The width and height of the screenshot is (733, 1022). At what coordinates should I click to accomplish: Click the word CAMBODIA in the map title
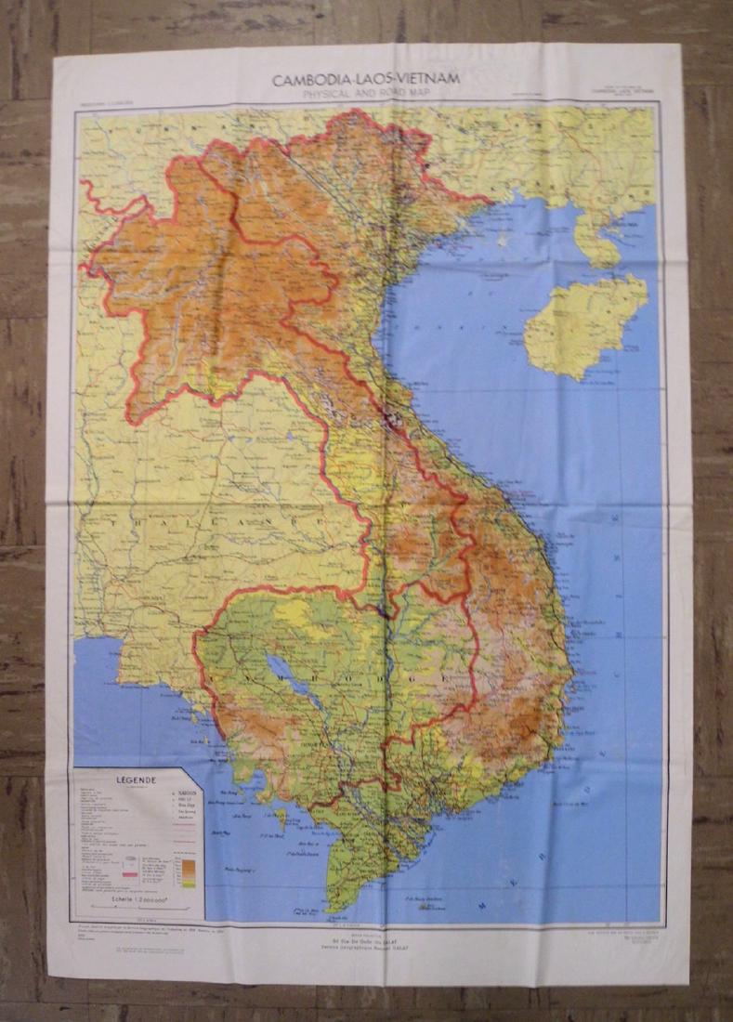pyautogui.click(x=304, y=80)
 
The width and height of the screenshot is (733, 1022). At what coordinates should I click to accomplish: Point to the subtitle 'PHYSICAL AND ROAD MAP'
pyautogui.click(x=366, y=93)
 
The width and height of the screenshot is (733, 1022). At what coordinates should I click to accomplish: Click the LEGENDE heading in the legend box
pyautogui.click(x=135, y=781)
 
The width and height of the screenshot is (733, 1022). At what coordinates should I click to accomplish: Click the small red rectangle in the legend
pyautogui.click(x=131, y=868)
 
